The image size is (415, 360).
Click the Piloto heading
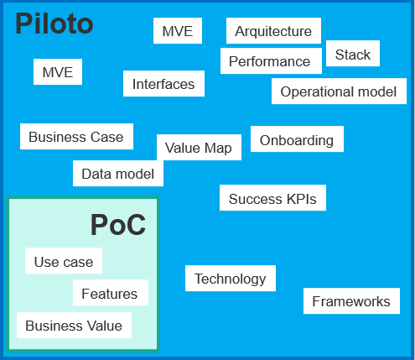54,23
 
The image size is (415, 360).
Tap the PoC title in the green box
118,225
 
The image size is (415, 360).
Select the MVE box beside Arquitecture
178,31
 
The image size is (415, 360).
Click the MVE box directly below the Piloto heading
58,72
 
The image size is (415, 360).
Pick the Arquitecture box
273,31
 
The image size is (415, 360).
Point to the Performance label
269,61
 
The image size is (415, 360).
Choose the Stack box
353,54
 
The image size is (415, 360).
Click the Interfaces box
163,84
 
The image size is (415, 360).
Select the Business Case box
76,137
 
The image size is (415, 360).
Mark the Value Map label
199,148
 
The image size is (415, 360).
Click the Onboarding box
297,139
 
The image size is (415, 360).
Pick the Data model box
118,174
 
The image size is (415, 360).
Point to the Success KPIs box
272,198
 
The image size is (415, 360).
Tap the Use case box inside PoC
64,261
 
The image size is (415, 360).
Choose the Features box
111,293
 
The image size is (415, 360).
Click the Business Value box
74,326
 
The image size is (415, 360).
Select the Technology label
231,279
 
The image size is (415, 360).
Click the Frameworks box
351,301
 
